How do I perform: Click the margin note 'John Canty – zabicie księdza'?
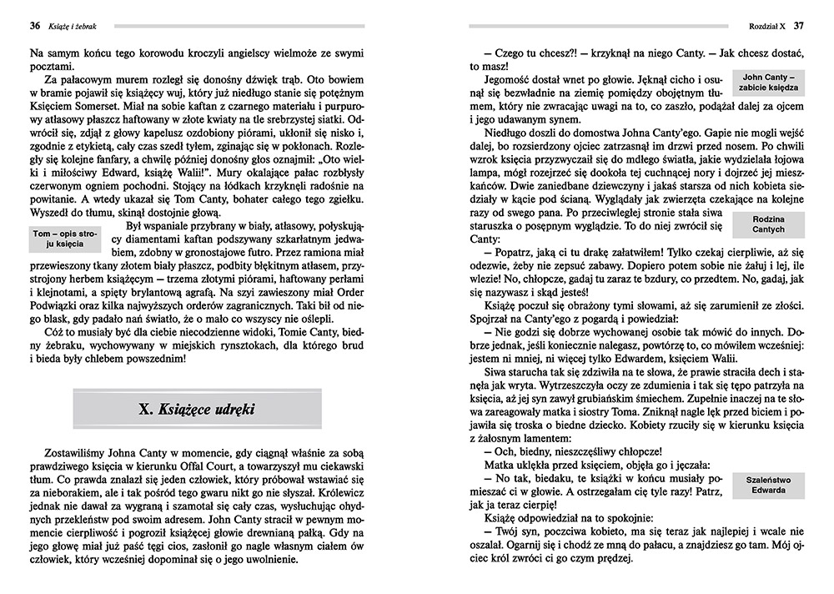coord(770,82)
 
